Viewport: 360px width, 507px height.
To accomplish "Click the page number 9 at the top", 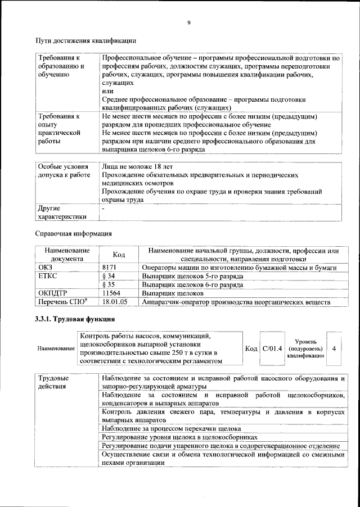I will point(189,22).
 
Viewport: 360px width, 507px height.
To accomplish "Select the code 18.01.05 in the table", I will point(115,302).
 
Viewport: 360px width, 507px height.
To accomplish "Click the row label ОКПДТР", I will point(53,293).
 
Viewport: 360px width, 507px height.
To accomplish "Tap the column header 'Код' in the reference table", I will point(119,255).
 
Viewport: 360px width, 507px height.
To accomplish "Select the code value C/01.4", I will point(273,348).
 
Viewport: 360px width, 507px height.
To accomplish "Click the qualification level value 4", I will point(334,348).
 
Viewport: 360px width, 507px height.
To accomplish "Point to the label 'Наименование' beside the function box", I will point(56,349).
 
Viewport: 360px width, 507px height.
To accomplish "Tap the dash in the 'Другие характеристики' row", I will point(103,209).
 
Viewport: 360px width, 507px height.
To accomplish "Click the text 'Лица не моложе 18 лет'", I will point(137,167).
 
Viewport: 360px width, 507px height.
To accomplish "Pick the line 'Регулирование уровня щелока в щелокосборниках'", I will point(179,437).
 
